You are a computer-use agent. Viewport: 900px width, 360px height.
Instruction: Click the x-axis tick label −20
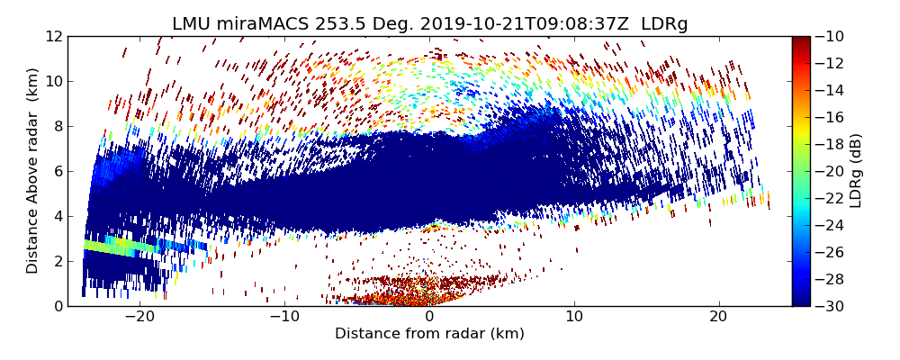pos(139,317)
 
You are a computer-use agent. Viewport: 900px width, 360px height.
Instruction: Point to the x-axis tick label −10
pos(284,317)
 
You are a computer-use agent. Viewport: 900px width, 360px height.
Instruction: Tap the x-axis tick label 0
pos(429,317)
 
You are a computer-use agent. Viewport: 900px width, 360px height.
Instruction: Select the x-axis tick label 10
pos(574,317)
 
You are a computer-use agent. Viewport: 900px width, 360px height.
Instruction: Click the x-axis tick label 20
pos(719,317)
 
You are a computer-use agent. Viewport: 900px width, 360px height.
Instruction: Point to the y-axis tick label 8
pos(58,126)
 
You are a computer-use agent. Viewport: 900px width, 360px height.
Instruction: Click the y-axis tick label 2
pos(58,261)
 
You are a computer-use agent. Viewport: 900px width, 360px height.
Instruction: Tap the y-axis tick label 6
pos(58,171)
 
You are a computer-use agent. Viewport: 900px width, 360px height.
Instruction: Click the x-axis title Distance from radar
pos(429,334)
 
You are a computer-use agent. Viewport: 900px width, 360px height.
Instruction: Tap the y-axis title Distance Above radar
pos(32,171)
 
